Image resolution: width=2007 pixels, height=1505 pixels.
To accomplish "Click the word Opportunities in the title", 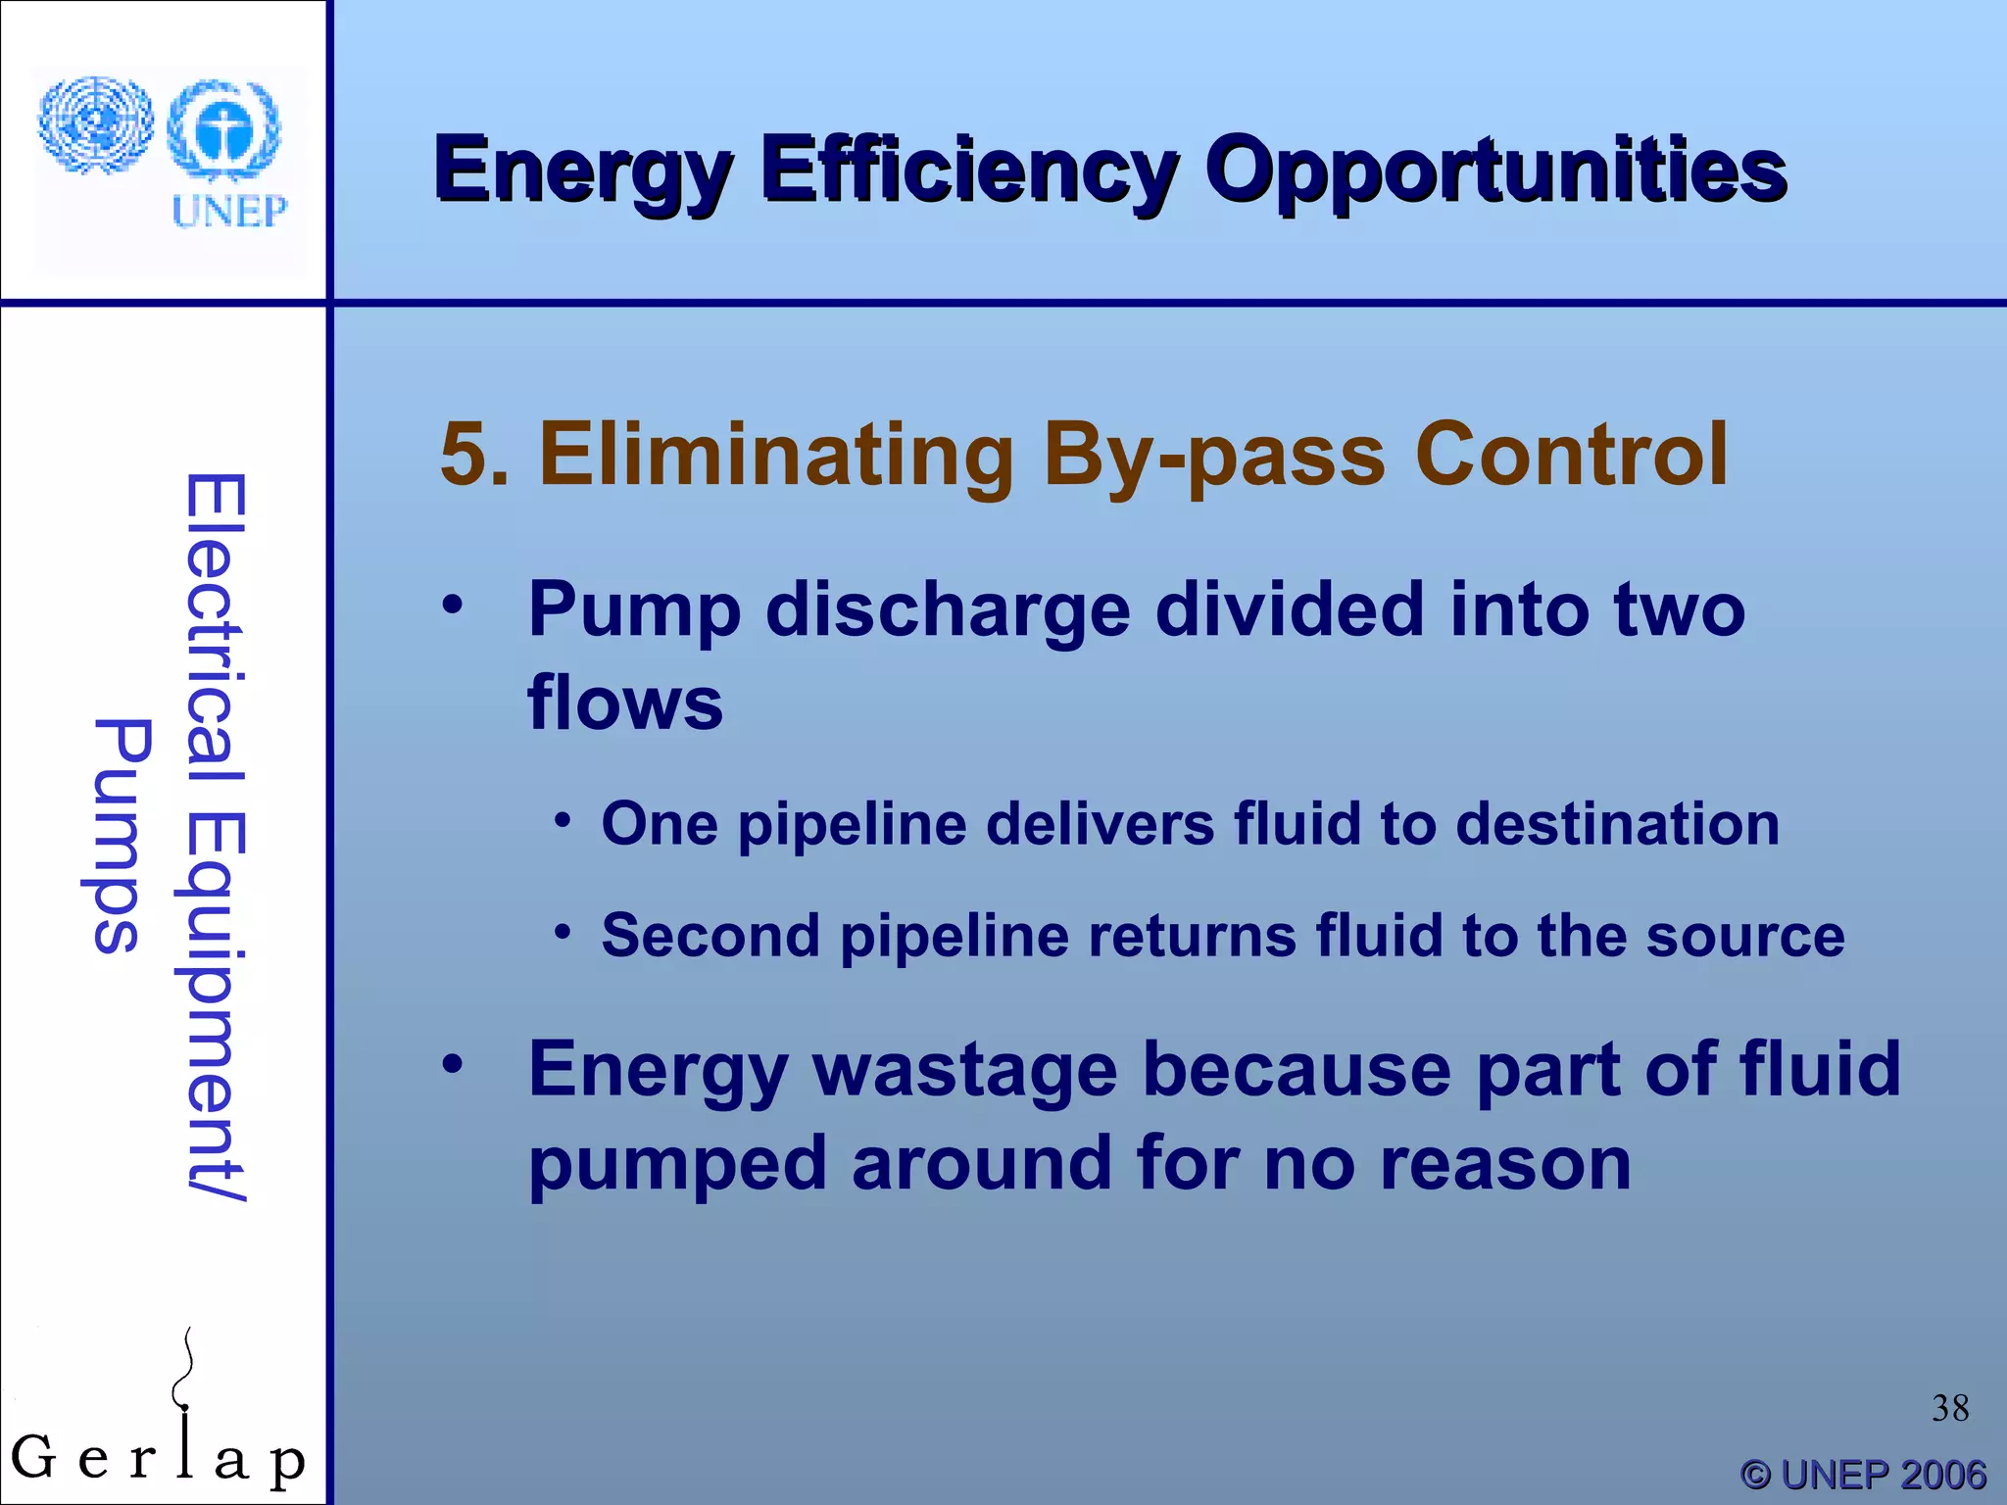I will coord(1495,171).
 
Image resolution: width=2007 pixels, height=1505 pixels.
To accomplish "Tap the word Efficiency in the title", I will coord(969,171).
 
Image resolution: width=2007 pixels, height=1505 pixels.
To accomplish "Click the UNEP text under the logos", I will coord(229,211).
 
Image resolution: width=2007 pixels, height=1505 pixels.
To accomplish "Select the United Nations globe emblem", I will coord(95,125).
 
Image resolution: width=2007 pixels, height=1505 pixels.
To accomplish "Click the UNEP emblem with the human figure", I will coord(224,130).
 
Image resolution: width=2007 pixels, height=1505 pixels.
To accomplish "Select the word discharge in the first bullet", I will coord(948,610).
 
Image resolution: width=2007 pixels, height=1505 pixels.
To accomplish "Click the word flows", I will coord(625,703).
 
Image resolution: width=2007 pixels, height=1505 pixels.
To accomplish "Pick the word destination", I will coord(1617,823).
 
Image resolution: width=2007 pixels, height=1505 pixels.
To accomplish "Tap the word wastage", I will coord(964,1070).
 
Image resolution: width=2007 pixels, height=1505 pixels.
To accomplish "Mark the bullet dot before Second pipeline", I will coord(562,931).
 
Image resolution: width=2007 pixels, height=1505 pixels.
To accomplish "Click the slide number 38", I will coord(1949,1408).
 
